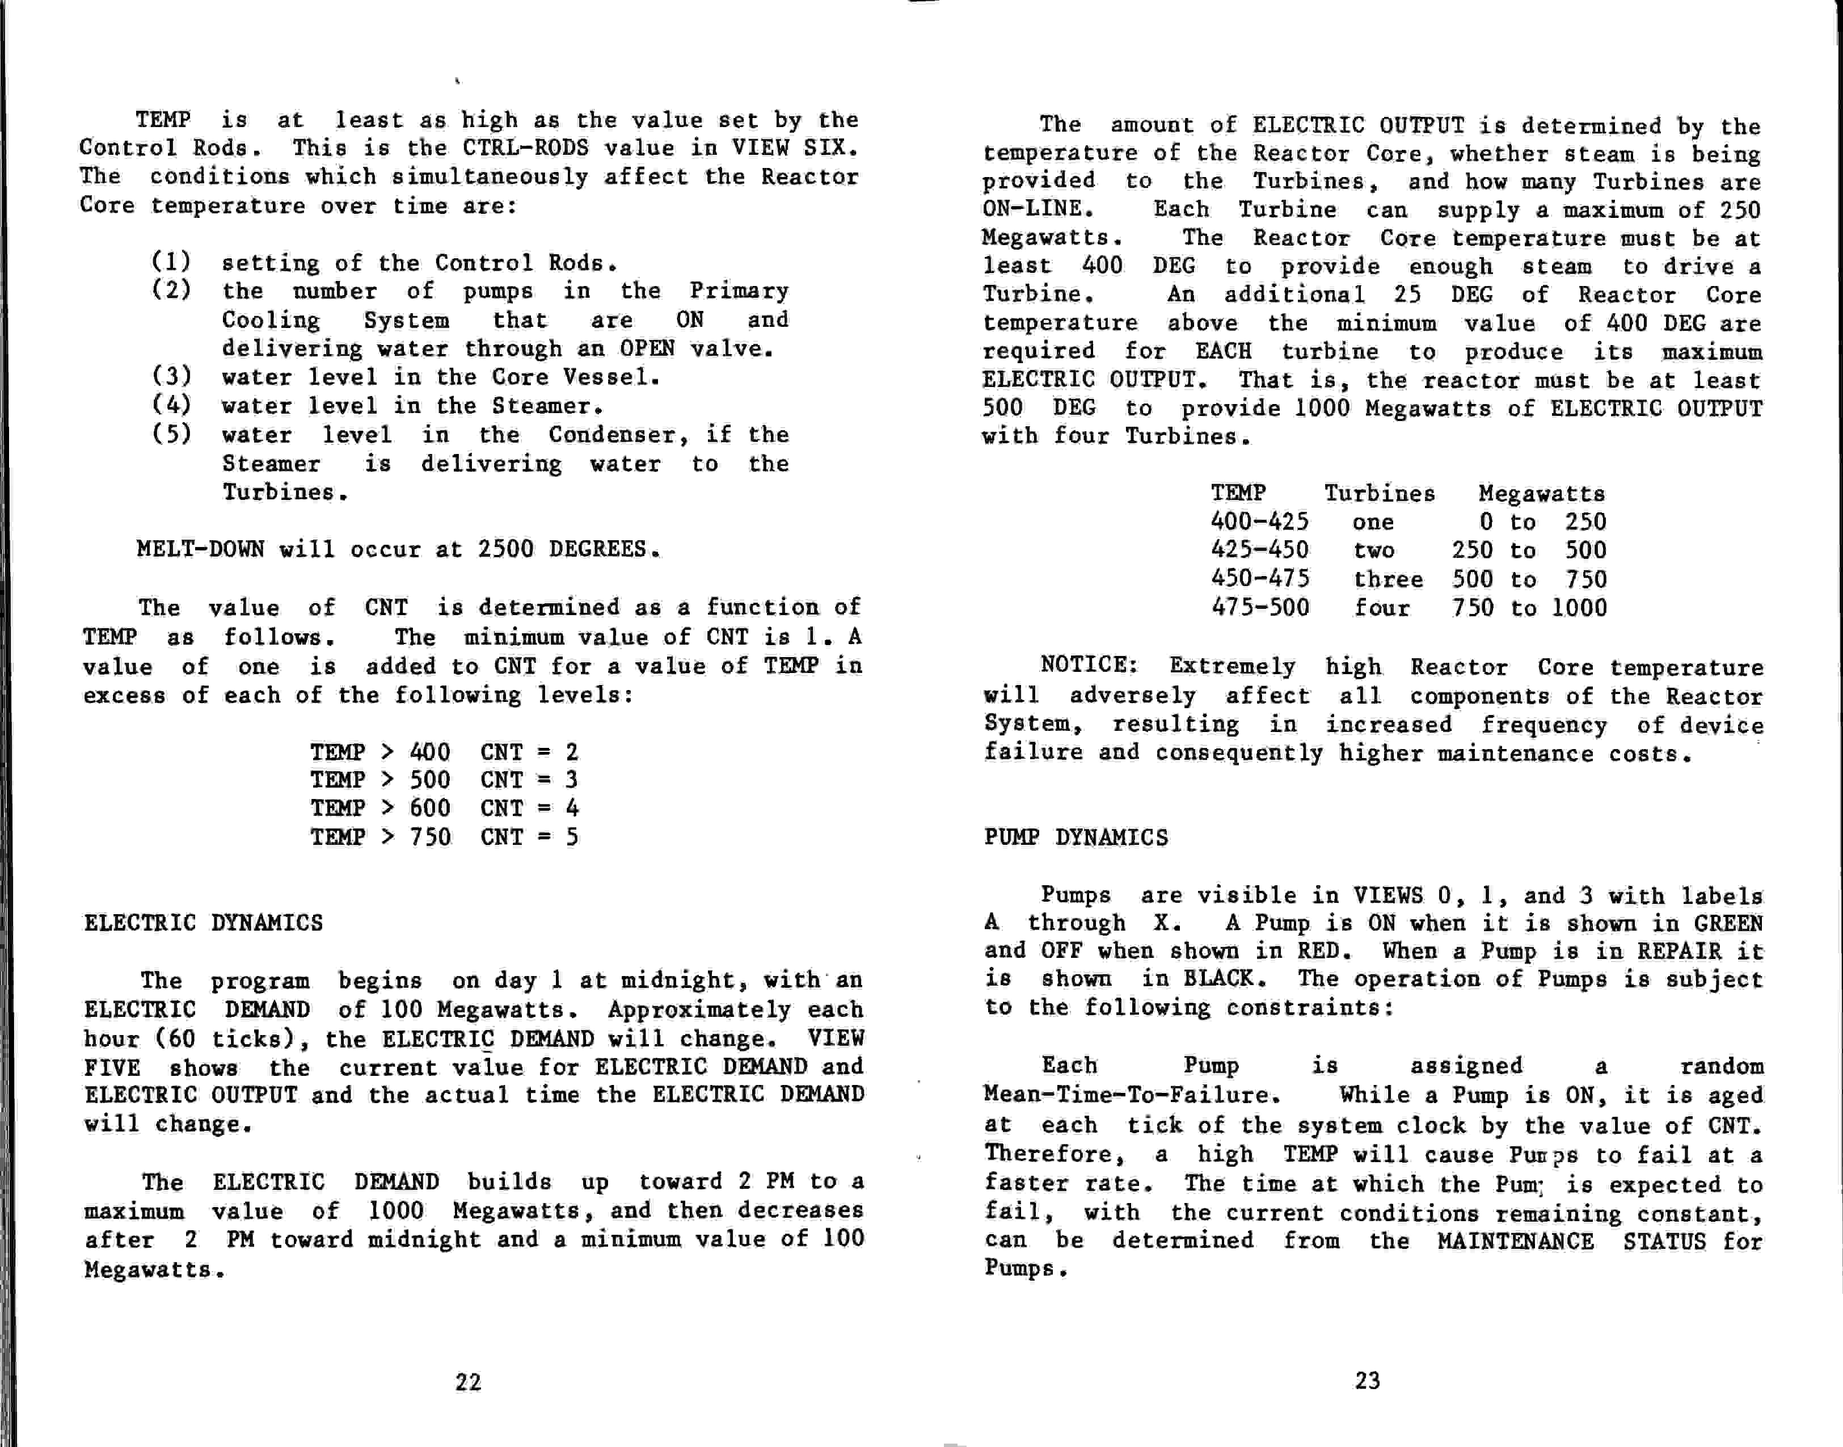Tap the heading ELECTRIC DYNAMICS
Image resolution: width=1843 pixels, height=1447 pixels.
(203, 923)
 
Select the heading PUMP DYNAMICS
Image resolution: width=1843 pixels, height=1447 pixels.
(1076, 838)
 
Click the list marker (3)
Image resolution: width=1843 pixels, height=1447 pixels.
(172, 376)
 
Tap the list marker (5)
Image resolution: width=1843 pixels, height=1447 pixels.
(172, 435)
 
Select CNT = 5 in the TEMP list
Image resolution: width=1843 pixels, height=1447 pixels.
(529, 837)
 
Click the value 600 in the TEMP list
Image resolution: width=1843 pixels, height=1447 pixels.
(430, 808)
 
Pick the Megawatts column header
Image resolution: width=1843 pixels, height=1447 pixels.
(1541, 494)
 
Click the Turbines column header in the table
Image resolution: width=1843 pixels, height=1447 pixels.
(1380, 494)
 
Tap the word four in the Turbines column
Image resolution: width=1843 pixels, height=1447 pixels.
(1381, 608)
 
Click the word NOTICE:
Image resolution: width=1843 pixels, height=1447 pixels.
(1089, 665)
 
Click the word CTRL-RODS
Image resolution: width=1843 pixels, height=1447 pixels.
(525, 148)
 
